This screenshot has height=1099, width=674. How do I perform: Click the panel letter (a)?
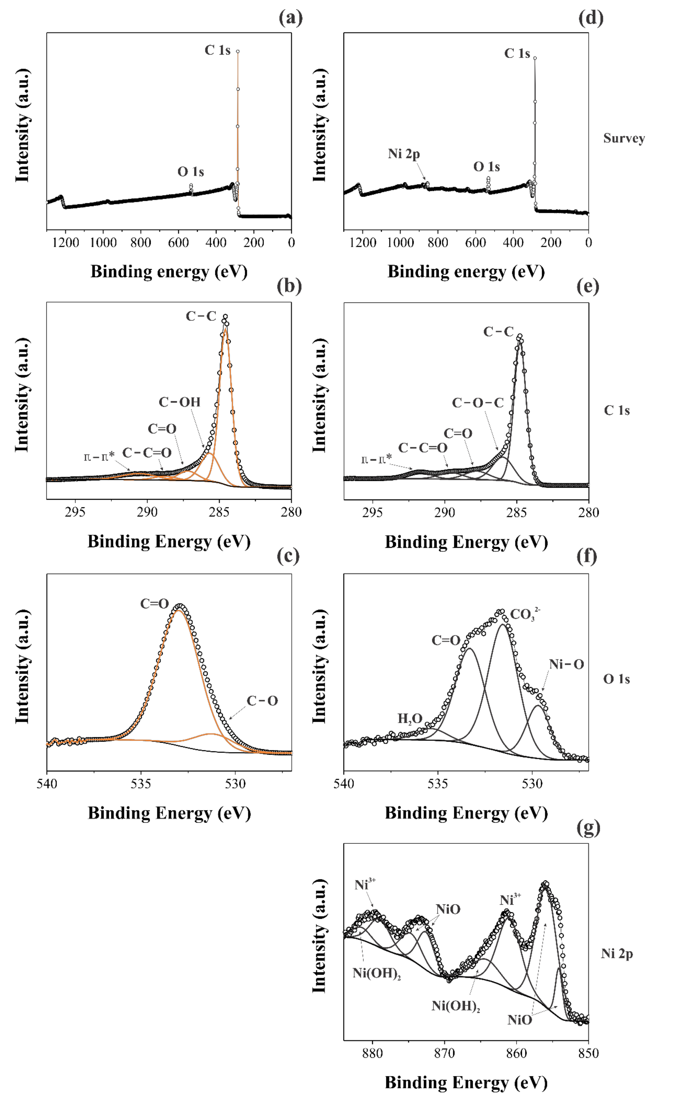pos(291,18)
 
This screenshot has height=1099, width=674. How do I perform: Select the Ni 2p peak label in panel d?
pos(404,154)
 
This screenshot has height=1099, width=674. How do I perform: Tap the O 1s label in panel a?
pos(191,172)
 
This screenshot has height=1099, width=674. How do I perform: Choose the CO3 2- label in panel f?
pos(525,615)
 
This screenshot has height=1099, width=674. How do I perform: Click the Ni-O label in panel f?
pos(566,665)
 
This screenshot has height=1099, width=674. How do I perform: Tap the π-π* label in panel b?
pos(99,456)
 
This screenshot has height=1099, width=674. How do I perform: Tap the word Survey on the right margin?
pos(623,138)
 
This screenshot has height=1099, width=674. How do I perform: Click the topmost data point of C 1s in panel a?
pos(238,51)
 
